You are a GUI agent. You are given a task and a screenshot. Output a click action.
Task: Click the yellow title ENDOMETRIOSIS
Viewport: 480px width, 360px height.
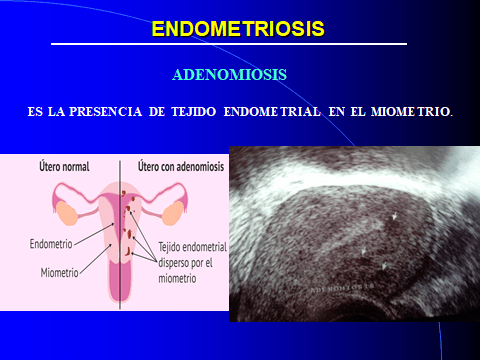coord(238,29)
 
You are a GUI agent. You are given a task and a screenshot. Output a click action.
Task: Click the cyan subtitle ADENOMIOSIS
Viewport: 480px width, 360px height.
coord(230,75)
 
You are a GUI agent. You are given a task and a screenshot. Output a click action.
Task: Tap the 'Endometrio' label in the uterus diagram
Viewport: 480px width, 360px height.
coord(49,243)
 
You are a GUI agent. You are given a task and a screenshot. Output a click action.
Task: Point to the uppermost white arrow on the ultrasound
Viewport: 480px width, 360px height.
coord(397,215)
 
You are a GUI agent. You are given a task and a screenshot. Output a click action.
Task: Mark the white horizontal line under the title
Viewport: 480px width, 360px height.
coord(229,45)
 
